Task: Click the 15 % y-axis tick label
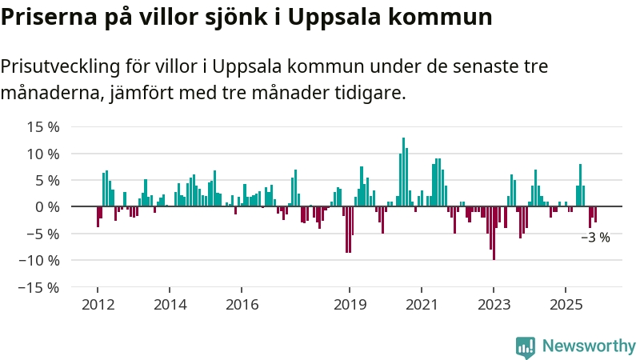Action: (43, 126)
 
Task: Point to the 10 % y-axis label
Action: (43, 154)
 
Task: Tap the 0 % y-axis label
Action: (47, 206)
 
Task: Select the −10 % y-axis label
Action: (40, 260)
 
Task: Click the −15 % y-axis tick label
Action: (40, 287)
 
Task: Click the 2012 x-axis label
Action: (98, 305)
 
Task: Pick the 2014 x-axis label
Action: (170, 305)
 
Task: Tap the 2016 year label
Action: (242, 305)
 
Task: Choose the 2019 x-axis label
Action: (350, 305)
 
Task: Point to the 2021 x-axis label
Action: (422, 305)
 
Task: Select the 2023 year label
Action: (494, 305)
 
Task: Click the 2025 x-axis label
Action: (566, 305)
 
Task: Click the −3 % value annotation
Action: (595, 238)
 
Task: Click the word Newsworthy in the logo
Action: (589, 346)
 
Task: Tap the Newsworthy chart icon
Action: (526, 346)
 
